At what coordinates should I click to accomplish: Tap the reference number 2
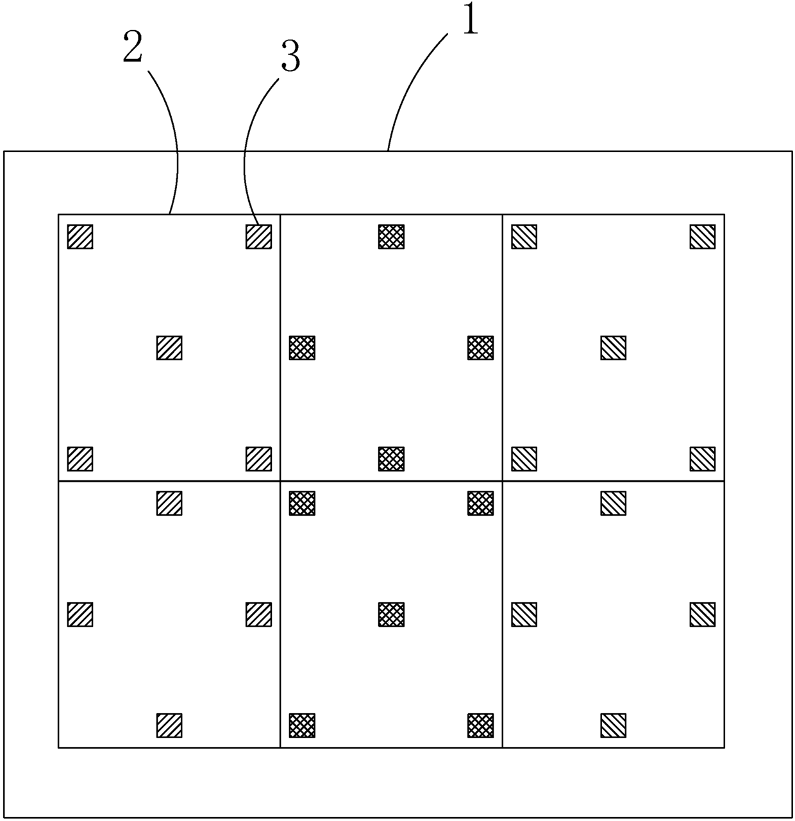pos(132,49)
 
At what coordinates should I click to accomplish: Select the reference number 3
pos(290,58)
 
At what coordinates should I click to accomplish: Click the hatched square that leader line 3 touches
pos(259,236)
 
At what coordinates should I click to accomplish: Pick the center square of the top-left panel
pos(170,348)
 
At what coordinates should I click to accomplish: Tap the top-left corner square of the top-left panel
pos(81,236)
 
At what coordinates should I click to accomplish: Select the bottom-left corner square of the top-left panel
pos(81,459)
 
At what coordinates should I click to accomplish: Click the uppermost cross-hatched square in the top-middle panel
pos(392,236)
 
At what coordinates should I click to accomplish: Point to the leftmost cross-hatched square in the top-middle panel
pos(303,348)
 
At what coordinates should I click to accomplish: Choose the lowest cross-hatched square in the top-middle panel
pos(392,459)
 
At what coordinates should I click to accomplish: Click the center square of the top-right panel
pos(614,348)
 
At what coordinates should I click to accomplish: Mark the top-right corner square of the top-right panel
pos(703,236)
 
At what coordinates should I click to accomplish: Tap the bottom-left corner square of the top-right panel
pos(524,459)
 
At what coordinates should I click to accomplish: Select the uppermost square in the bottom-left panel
pos(170,503)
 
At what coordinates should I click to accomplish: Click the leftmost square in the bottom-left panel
pos(81,614)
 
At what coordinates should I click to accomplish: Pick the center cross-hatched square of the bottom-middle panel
pos(392,614)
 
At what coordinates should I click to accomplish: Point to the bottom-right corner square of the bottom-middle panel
pos(481,725)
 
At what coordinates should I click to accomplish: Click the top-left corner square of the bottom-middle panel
pos(303,503)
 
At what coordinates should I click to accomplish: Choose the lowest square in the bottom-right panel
pos(614,725)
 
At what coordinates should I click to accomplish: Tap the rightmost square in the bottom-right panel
pos(703,614)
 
